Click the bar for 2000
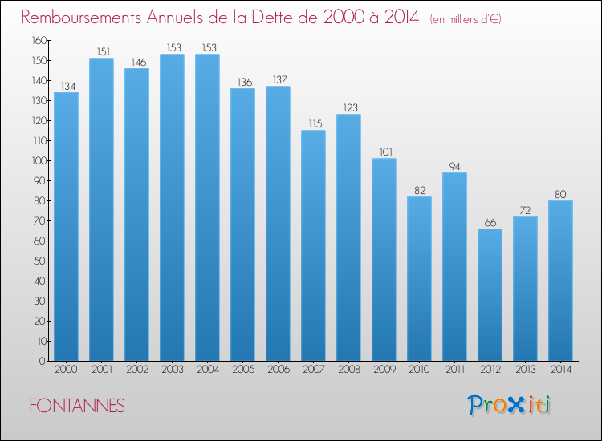click(x=66, y=227)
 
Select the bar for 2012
click(x=490, y=295)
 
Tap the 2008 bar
click(x=348, y=238)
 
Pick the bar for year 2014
click(x=560, y=281)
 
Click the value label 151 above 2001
click(x=104, y=52)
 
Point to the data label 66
click(x=490, y=223)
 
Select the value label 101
click(x=386, y=152)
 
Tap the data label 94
click(x=454, y=167)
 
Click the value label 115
click(x=315, y=123)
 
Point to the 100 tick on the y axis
click(x=39, y=160)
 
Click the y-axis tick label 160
click(x=39, y=40)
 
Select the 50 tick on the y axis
click(x=41, y=261)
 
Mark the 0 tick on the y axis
click(x=43, y=362)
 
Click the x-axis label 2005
click(x=243, y=370)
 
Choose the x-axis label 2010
click(x=419, y=370)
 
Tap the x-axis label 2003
click(x=173, y=370)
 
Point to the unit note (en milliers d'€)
click(x=466, y=19)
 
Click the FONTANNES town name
click(x=77, y=406)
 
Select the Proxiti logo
click(x=509, y=405)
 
